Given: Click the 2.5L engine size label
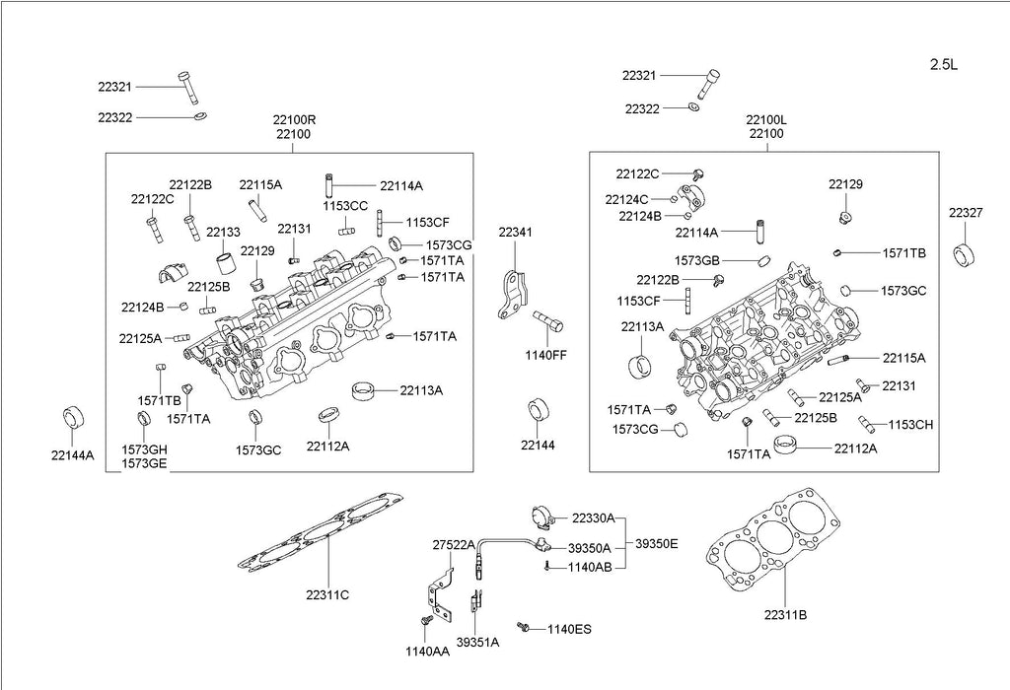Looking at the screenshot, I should click(944, 65).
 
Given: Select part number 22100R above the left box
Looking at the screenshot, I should click(294, 119).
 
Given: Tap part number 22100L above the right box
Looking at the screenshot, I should click(766, 119).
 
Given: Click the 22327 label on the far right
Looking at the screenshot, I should click(966, 212).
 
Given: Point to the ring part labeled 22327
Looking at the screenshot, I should click(965, 252).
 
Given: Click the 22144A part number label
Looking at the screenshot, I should click(73, 455).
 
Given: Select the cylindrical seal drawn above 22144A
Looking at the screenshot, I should click(72, 416).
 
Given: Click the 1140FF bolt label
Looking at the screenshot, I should click(545, 354).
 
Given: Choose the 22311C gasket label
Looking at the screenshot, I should click(327, 594).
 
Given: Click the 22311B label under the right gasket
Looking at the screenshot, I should click(785, 614).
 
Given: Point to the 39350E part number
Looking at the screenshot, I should click(656, 542).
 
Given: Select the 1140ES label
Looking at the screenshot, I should click(569, 629).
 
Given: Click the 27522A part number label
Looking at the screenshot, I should click(454, 545).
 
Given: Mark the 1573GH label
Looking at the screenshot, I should click(144, 449).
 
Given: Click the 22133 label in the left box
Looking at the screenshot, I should click(223, 232).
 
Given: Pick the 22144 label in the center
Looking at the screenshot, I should click(539, 446).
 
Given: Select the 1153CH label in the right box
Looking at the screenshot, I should click(910, 425).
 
